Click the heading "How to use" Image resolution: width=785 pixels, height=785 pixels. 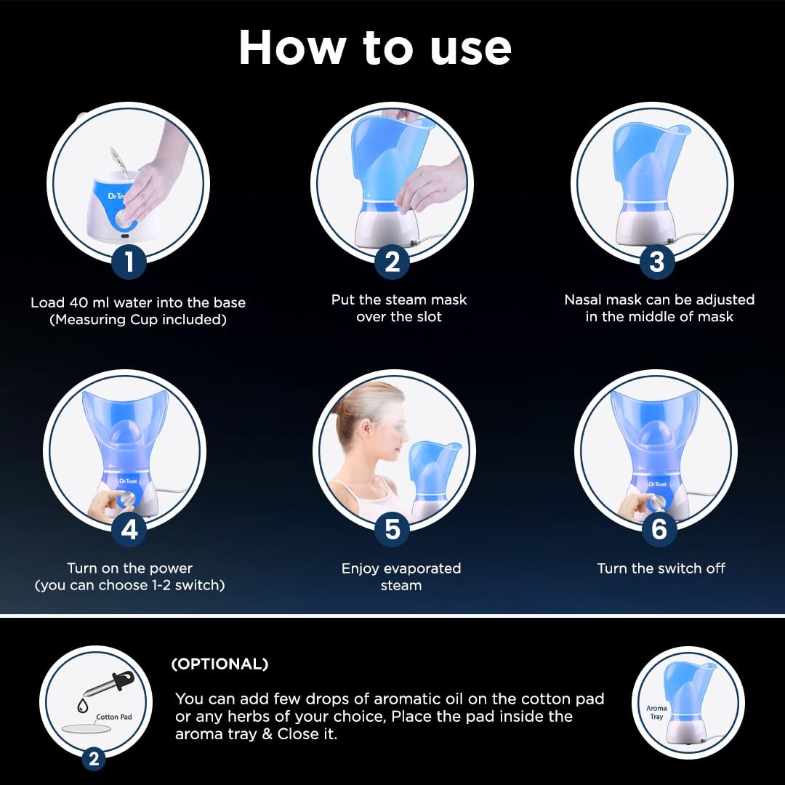click(x=375, y=48)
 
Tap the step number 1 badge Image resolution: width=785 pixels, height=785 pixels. click(x=129, y=262)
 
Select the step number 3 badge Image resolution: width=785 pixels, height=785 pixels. click(x=656, y=262)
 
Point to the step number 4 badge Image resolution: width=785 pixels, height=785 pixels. click(x=129, y=529)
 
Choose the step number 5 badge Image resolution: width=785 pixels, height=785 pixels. click(x=392, y=529)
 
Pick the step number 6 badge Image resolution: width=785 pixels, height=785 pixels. click(x=659, y=529)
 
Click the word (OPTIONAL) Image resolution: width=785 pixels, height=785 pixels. click(x=220, y=664)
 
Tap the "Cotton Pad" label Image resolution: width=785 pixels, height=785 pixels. click(x=113, y=717)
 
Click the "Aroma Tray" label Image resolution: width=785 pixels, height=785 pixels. click(x=656, y=712)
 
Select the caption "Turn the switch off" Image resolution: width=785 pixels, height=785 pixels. click(x=661, y=568)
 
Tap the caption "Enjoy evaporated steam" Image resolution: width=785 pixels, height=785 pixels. click(x=401, y=576)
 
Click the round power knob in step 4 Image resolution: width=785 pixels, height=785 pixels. click(x=128, y=499)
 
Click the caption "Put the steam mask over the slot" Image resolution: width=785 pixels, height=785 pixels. click(x=399, y=308)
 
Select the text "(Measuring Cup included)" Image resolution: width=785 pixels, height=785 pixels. click(x=137, y=319)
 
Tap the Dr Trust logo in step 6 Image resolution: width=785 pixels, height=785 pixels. click(x=657, y=484)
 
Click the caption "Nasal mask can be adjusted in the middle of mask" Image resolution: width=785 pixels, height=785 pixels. click(x=659, y=308)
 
